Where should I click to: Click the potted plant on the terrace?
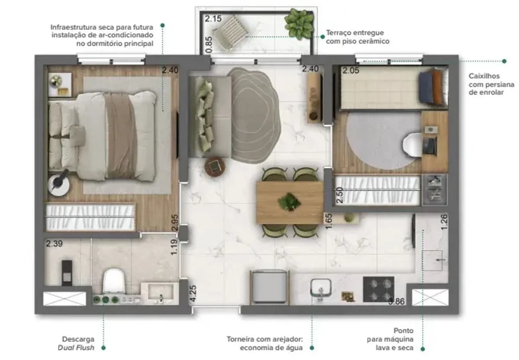click(x=299, y=24)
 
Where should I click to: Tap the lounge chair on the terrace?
click(x=229, y=33)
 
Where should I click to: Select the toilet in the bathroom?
click(x=114, y=281)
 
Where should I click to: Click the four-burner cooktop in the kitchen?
click(x=378, y=289)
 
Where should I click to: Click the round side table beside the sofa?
click(x=215, y=166)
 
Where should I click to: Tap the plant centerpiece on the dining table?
click(x=289, y=202)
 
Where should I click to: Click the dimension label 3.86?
click(x=397, y=301)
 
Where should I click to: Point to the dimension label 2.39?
click(x=54, y=244)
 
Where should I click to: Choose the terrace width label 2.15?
click(x=213, y=19)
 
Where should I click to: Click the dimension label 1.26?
click(x=444, y=222)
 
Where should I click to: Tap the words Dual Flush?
click(x=76, y=347)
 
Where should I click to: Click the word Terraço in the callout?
click(x=339, y=33)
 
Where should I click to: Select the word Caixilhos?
click(x=484, y=76)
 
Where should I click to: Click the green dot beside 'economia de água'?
click(x=312, y=348)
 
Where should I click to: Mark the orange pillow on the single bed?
click(x=437, y=87)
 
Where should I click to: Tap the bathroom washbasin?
click(x=160, y=292)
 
